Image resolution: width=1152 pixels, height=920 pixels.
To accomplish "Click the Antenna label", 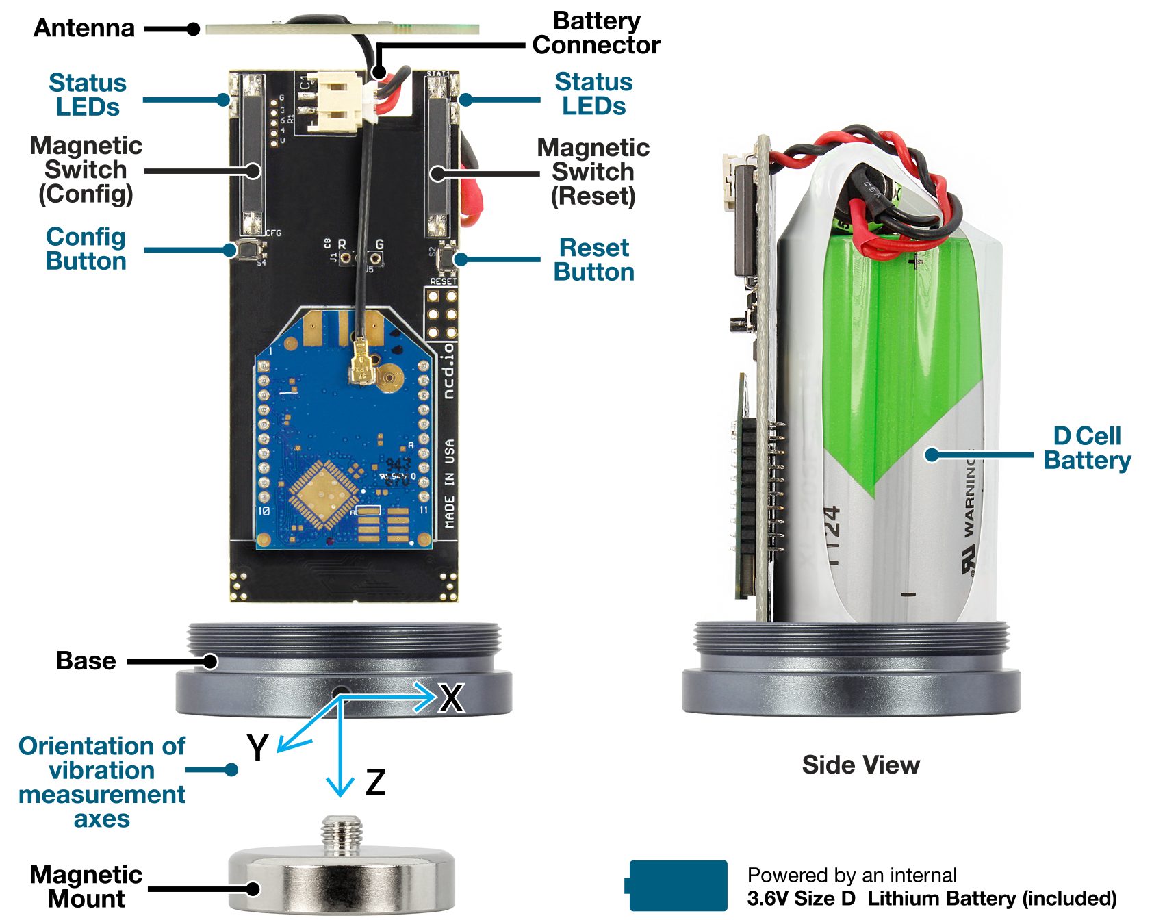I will (x=84, y=28).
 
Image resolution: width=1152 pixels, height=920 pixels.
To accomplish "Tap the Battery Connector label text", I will (x=596, y=33).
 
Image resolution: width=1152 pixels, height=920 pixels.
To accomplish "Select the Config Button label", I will (x=86, y=248).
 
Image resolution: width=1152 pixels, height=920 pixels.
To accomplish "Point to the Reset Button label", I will (x=593, y=259).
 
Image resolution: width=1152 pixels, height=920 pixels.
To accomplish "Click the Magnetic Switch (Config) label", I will (x=86, y=170).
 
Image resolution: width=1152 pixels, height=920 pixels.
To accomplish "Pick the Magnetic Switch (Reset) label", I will (x=593, y=171).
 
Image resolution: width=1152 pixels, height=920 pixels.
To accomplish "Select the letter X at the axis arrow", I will (x=452, y=698).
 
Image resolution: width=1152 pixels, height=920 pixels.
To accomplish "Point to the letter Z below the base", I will (x=376, y=782).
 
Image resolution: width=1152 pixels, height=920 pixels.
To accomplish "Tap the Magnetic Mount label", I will (x=86, y=886).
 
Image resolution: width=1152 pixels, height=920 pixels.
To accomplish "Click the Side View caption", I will (x=860, y=765).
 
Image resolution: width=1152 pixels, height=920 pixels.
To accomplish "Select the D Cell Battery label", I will (x=1086, y=448).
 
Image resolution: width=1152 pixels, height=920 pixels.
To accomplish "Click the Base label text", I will (x=86, y=661).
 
